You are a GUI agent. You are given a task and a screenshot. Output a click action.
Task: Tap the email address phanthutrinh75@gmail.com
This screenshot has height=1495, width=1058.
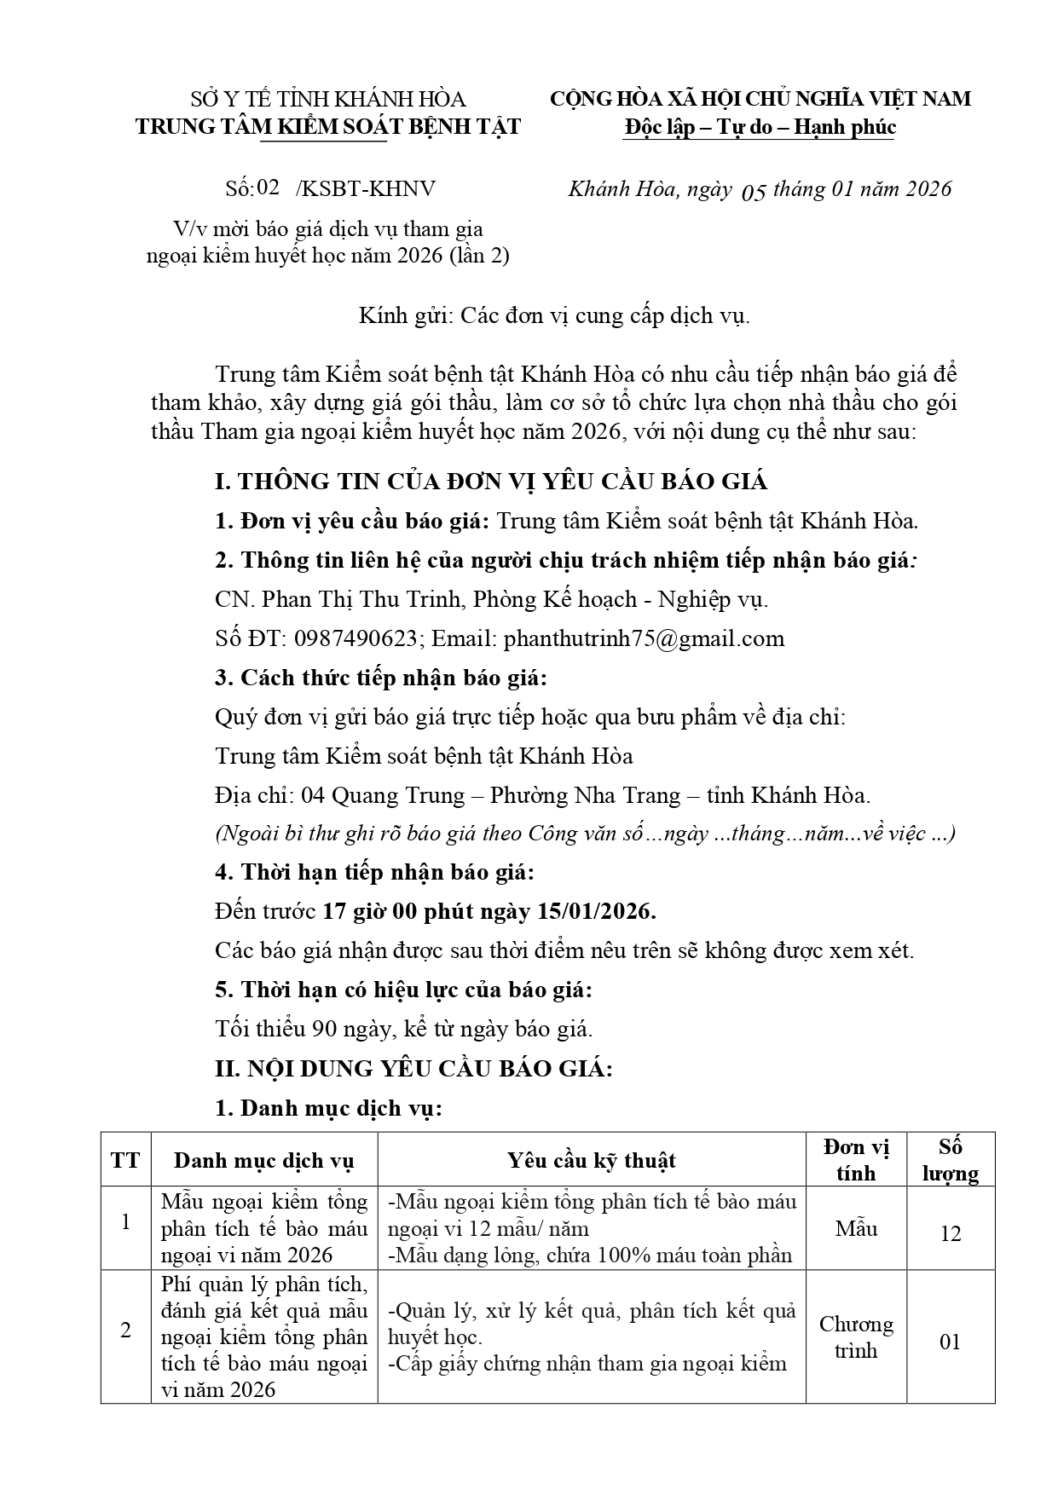point(644,638)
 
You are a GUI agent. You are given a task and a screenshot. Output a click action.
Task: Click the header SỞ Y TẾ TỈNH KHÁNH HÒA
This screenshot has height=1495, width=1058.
point(328,99)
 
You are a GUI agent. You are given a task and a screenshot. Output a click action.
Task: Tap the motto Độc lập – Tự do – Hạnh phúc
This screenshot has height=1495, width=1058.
point(760,127)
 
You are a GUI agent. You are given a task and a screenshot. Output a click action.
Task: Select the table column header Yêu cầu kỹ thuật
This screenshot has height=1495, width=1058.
point(592,1160)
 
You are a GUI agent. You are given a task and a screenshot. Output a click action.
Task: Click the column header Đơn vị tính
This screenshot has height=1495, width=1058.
point(856,1160)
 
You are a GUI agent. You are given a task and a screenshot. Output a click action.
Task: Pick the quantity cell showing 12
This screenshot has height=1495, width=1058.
point(950,1233)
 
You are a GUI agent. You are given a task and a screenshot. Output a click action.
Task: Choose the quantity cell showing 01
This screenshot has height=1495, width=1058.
point(950,1342)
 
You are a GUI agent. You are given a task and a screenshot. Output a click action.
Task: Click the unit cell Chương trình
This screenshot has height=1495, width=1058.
point(856,1337)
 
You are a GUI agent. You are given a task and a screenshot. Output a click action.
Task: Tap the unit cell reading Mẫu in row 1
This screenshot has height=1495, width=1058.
point(856,1228)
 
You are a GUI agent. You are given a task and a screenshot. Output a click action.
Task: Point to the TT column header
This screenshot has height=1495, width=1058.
point(125,1160)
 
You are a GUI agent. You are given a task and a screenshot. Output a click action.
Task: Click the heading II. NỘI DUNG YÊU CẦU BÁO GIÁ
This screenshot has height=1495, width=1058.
point(413,1068)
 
